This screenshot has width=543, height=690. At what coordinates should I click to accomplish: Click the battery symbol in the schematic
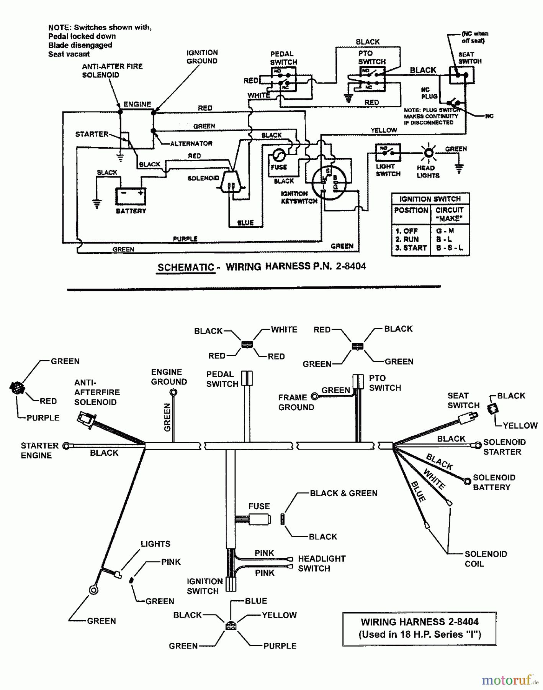(x=131, y=196)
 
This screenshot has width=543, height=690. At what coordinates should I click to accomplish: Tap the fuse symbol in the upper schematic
(x=278, y=156)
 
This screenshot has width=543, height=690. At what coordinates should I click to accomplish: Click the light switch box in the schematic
(x=388, y=153)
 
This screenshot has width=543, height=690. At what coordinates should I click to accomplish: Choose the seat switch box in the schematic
(x=461, y=75)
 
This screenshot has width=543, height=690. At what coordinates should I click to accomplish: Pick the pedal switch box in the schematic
(x=284, y=79)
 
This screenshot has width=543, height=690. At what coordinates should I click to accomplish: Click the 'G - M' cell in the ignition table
(x=445, y=231)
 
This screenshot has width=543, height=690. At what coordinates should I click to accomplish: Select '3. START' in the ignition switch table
(x=411, y=248)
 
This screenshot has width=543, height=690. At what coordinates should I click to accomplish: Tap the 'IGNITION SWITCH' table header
(x=430, y=199)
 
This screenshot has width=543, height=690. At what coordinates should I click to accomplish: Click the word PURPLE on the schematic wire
(x=185, y=239)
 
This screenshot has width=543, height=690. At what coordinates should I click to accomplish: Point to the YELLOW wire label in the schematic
(x=384, y=130)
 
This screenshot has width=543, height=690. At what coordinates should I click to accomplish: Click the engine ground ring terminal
(x=173, y=392)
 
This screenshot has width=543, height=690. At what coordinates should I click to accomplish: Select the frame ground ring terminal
(x=314, y=397)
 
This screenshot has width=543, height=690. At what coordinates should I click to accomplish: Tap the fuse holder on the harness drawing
(x=260, y=519)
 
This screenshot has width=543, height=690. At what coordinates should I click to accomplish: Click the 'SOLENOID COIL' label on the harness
(x=486, y=559)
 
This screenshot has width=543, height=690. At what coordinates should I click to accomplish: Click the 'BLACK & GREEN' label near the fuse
(x=343, y=493)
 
